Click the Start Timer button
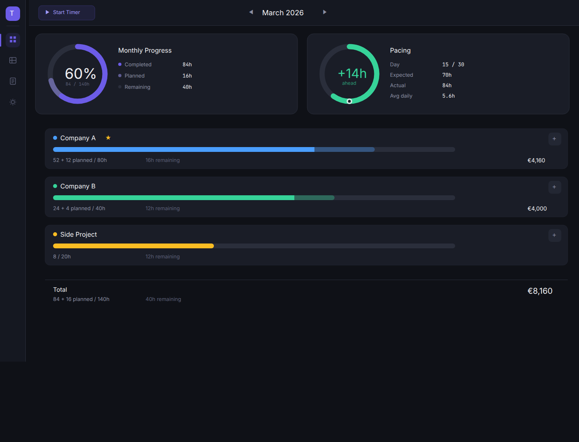pyautogui.click(x=67, y=12)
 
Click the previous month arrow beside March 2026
pyautogui.click(x=251, y=12)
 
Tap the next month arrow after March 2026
pyautogui.click(x=324, y=12)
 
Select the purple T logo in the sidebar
pyautogui.click(x=12, y=13)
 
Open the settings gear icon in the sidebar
pyautogui.click(x=13, y=102)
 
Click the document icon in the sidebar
pyautogui.click(x=13, y=81)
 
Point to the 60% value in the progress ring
pyautogui.click(x=80, y=74)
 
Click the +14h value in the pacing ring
pyautogui.click(x=352, y=73)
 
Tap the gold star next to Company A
pyautogui.click(x=108, y=138)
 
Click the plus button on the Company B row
pyautogui.click(x=554, y=187)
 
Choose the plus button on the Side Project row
pyautogui.click(x=554, y=235)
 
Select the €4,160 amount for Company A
pyautogui.click(x=536, y=160)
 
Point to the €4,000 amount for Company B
pyautogui.click(x=537, y=209)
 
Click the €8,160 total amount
pyautogui.click(x=540, y=291)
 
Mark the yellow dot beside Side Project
pyautogui.click(x=55, y=234)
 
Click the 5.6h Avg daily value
pyautogui.click(x=448, y=96)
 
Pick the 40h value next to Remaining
pyautogui.click(x=187, y=87)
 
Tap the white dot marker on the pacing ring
pyautogui.click(x=349, y=101)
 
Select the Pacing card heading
pyautogui.click(x=400, y=51)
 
